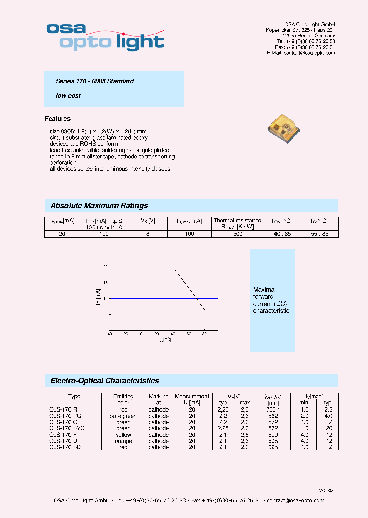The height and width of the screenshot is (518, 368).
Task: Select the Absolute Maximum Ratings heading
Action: point(99,206)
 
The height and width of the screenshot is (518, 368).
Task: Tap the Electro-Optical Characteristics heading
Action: point(105,381)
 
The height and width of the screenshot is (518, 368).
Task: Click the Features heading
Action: point(58,119)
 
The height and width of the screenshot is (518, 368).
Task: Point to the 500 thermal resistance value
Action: point(237,234)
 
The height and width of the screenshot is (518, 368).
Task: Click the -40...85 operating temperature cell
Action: point(281,234)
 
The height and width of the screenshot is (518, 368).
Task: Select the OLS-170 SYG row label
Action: point(66,428)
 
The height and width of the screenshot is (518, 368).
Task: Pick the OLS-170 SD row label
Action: point(65,447)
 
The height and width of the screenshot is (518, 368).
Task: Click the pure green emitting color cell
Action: point(123,416)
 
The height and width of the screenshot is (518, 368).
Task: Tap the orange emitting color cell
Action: point(123,441)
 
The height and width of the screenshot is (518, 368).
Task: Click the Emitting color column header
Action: point(123,400)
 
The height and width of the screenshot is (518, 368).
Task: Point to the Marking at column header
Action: point(158,400)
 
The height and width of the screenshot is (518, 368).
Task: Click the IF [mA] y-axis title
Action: point(97,297)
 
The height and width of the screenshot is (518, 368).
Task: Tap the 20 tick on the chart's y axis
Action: point(105,267)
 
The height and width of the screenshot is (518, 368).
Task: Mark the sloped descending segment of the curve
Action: point(191,290)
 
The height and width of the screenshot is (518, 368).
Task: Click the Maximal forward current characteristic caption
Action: point(271,300)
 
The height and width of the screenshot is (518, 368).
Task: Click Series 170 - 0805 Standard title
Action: point(95,81)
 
